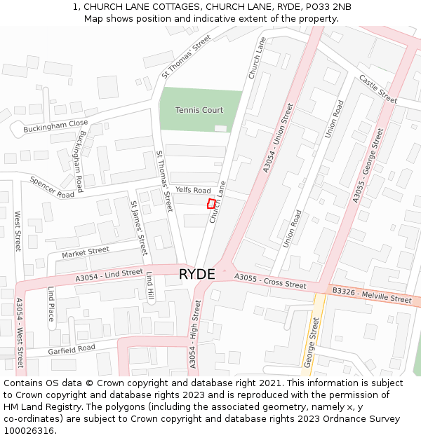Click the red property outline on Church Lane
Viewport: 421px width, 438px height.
click(x=211, y=203)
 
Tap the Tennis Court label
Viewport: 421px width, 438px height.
click(x=199, y=110)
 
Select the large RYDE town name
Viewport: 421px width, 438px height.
click(x=197, y=274)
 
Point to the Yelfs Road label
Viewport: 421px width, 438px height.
click(x=193, y=191)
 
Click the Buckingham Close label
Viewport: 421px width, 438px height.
click(x=55, y=127)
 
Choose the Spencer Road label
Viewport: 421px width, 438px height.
click(x=52, y=187)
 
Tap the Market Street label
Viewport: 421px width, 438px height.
click(x=86, y=252)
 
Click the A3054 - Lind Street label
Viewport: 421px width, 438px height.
click(x=109, y=275)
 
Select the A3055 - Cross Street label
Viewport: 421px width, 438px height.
click(x=270, y=281)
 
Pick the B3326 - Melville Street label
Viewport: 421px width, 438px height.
click(x=372, y=294)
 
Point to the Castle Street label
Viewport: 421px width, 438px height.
click(x=378, y=88)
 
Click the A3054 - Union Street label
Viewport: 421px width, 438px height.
click(x=278, y=138)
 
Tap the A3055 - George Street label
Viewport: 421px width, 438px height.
click(x=369, y=165)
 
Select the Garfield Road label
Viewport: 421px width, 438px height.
click(x=72, y=349)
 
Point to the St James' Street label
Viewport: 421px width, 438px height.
click(x=139, y=227)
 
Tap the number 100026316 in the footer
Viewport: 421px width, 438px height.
click(x=28, y=430)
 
